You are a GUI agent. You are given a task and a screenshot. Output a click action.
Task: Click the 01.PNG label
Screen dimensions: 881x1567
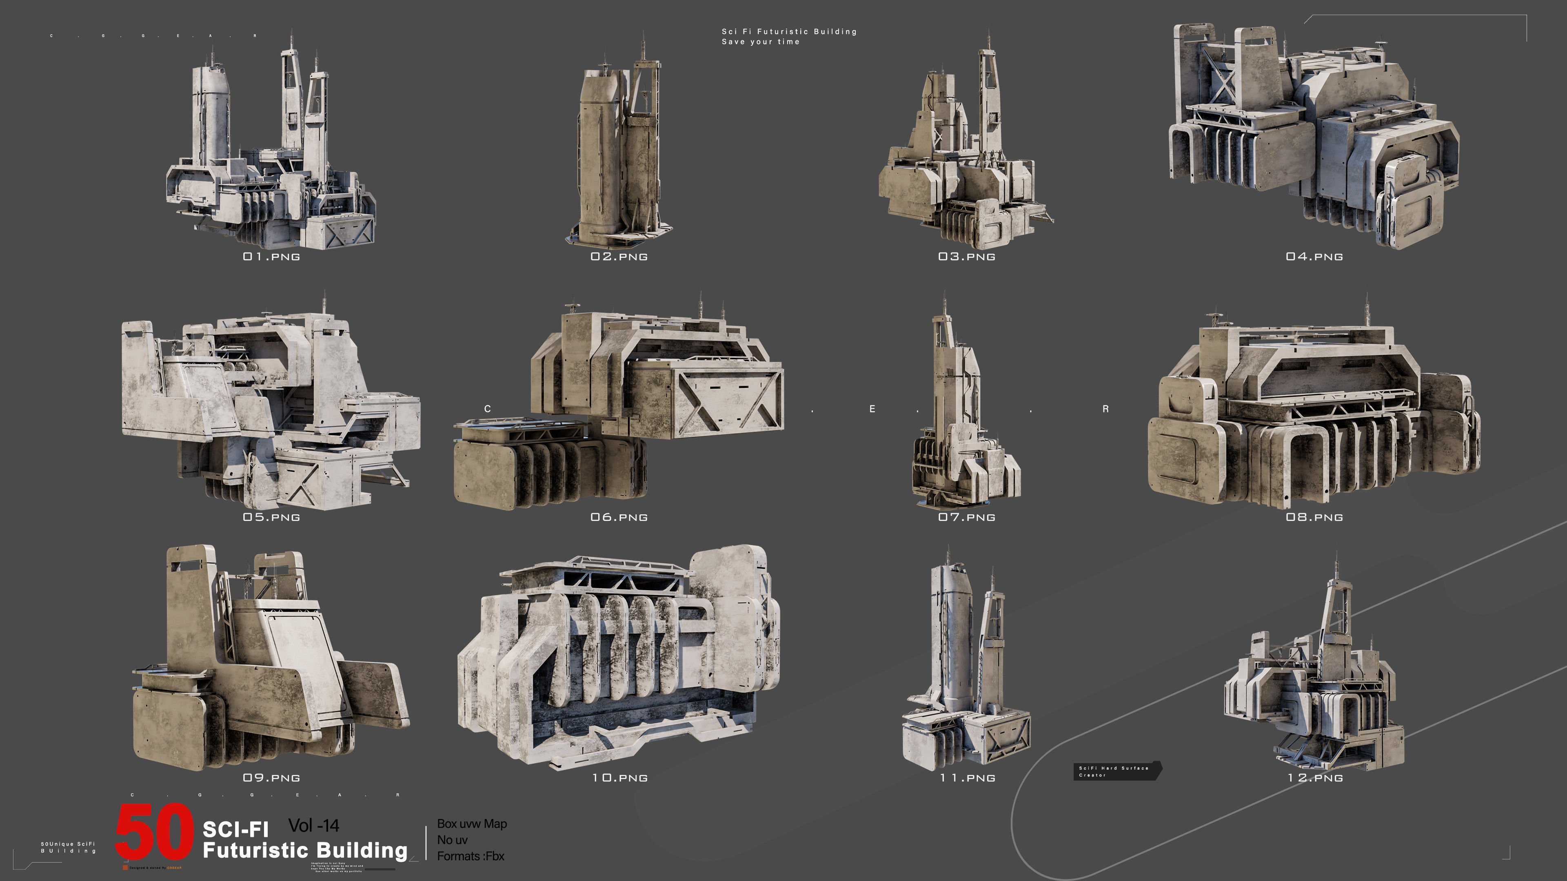point(271,257)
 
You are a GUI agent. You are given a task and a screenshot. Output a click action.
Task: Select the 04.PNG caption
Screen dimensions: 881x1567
point(1314,257)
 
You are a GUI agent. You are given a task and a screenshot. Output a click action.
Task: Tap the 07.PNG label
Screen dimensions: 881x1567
point(967,518)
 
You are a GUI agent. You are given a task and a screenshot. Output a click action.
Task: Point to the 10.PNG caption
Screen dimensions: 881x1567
point(619,778)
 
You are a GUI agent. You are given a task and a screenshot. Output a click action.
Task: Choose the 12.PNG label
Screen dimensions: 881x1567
point(1314,778)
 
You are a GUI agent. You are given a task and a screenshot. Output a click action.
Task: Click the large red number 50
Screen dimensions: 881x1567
point(155,832)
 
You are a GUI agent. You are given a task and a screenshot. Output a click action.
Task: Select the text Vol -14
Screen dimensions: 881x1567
point(313,825)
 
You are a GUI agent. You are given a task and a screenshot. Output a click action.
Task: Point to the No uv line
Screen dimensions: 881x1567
point(452,840)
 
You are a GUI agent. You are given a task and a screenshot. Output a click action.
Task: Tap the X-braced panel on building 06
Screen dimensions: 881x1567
point(730,401)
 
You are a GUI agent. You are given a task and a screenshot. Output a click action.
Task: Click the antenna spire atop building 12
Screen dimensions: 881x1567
point(1336,565)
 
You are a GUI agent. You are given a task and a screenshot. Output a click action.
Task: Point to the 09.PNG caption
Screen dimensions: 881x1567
point(271,778)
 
